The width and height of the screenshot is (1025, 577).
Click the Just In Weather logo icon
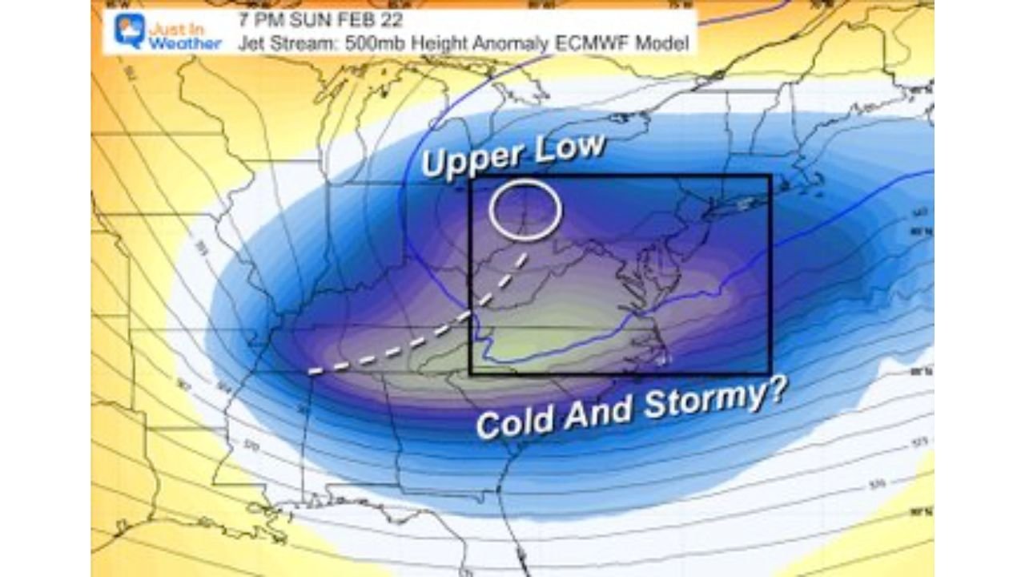(x=127, y=30)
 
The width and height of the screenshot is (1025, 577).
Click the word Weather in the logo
(x=184, y=44)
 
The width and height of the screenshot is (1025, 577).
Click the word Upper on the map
(x=469, y=159)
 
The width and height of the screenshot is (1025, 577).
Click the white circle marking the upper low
(x=525, y=208)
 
